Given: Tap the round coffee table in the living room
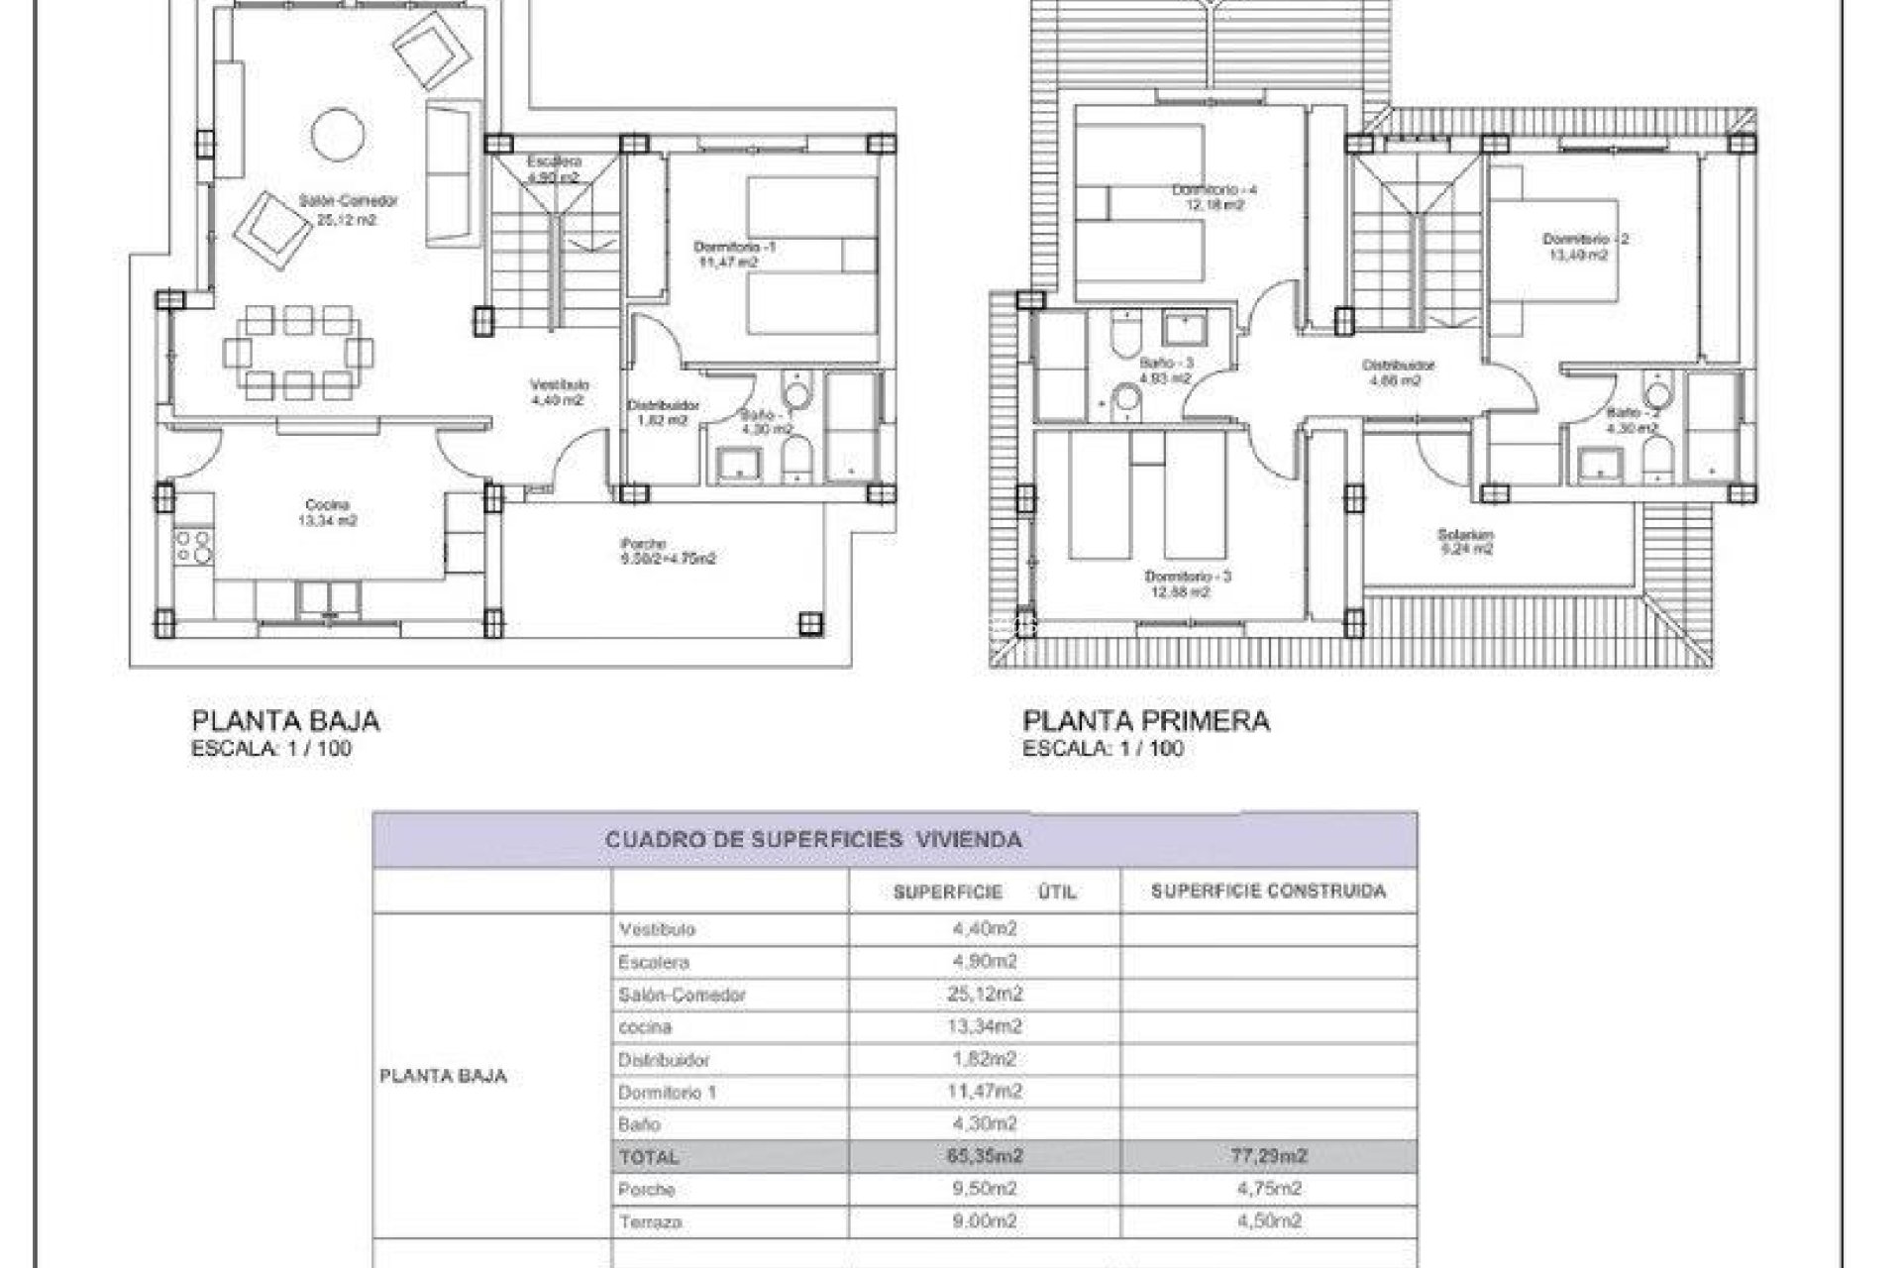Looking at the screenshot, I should [x=338, y=134].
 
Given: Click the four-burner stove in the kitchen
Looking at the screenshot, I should [x=194, y=546].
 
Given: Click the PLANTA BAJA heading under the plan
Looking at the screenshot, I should [x=286, y=721].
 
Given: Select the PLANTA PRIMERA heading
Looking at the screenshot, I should [x=1146, y=721].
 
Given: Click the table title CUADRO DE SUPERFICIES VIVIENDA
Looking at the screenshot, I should [x=812, y=840].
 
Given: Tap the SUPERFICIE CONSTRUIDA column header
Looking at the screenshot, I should [x=1268, y=892].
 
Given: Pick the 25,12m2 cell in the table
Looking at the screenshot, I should [x=984, y=994].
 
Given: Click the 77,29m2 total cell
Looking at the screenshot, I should [x=1268, y=1156].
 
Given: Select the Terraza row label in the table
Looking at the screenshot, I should [x=650, y=1222].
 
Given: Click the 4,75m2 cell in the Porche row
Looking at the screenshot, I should [x=1268, y=1189].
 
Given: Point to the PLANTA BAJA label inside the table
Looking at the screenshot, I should [x=443, y=1076].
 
